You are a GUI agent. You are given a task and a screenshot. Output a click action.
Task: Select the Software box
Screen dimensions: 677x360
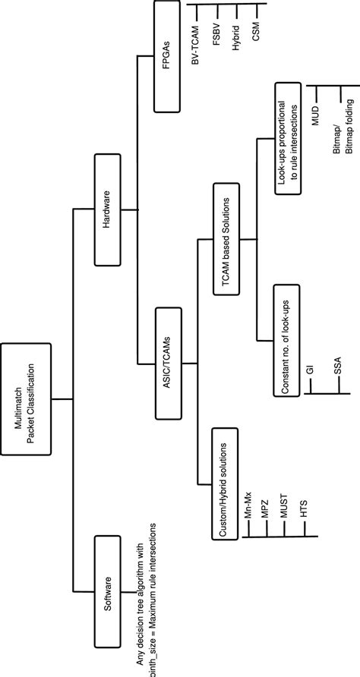(x=108, y=589)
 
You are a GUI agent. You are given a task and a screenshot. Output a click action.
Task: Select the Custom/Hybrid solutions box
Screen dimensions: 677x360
(x=227, y=486)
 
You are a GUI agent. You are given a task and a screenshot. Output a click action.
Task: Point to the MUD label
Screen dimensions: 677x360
(x=316, y=117)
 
